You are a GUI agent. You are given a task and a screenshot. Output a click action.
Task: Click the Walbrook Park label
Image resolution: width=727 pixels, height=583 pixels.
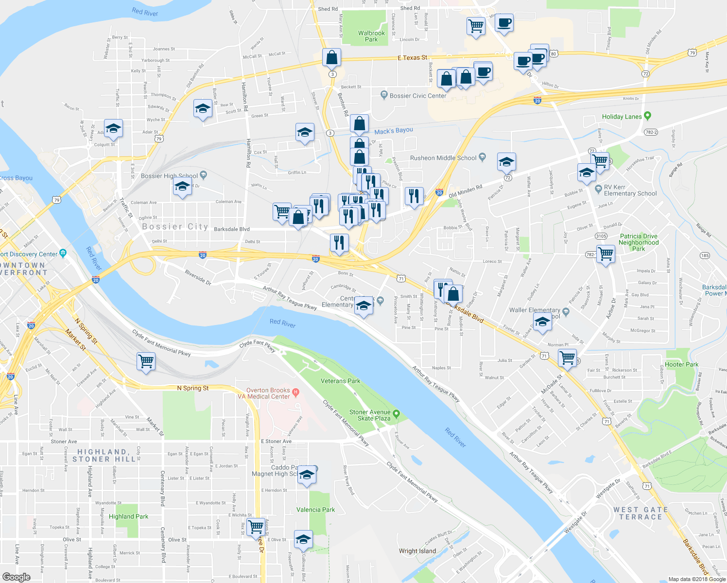tap(371, 36)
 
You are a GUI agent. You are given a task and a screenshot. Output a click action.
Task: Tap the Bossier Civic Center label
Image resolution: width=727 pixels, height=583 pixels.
tap(418, 96)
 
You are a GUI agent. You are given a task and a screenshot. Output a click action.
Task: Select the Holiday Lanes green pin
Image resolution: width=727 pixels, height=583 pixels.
tap(647, 116)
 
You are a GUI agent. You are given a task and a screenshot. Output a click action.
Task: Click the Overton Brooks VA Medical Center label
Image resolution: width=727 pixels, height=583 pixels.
tap(268, 394)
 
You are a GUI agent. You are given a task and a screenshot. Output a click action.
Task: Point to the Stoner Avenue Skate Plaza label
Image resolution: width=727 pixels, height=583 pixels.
tap(370, 415)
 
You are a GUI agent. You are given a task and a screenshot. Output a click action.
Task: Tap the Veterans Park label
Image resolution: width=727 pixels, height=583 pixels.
tap(340, 381)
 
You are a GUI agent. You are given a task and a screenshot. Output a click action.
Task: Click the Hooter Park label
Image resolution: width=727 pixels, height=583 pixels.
tap(681, 364)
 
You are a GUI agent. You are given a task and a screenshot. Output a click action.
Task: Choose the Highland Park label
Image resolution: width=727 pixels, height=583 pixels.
tap(128, 516)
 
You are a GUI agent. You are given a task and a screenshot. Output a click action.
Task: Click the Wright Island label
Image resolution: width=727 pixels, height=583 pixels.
tap(417, 551)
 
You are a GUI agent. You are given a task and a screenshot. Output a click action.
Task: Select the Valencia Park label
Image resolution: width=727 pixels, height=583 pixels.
tap(315, 510)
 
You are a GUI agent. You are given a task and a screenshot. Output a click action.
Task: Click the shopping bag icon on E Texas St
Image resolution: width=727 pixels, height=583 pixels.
tap(331, 58)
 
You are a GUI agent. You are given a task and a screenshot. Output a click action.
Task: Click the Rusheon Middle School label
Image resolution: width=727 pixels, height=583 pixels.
tap(443, 158)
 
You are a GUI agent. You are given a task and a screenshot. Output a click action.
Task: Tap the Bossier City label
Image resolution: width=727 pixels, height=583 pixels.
tap(175, 227)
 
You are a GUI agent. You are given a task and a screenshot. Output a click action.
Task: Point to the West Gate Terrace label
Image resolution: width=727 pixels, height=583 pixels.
tap(640, 513)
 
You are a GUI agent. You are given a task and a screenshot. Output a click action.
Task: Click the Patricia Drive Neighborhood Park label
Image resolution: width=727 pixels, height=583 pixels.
tap(639, 242)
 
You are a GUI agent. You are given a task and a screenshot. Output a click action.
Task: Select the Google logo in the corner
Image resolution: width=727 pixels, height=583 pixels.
tap(16, 577)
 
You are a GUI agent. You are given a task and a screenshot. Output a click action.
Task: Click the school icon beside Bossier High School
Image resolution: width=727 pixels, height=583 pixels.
tap(182, 187)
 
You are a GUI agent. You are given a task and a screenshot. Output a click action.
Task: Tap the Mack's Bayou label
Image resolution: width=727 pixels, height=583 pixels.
tap(394, 131)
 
